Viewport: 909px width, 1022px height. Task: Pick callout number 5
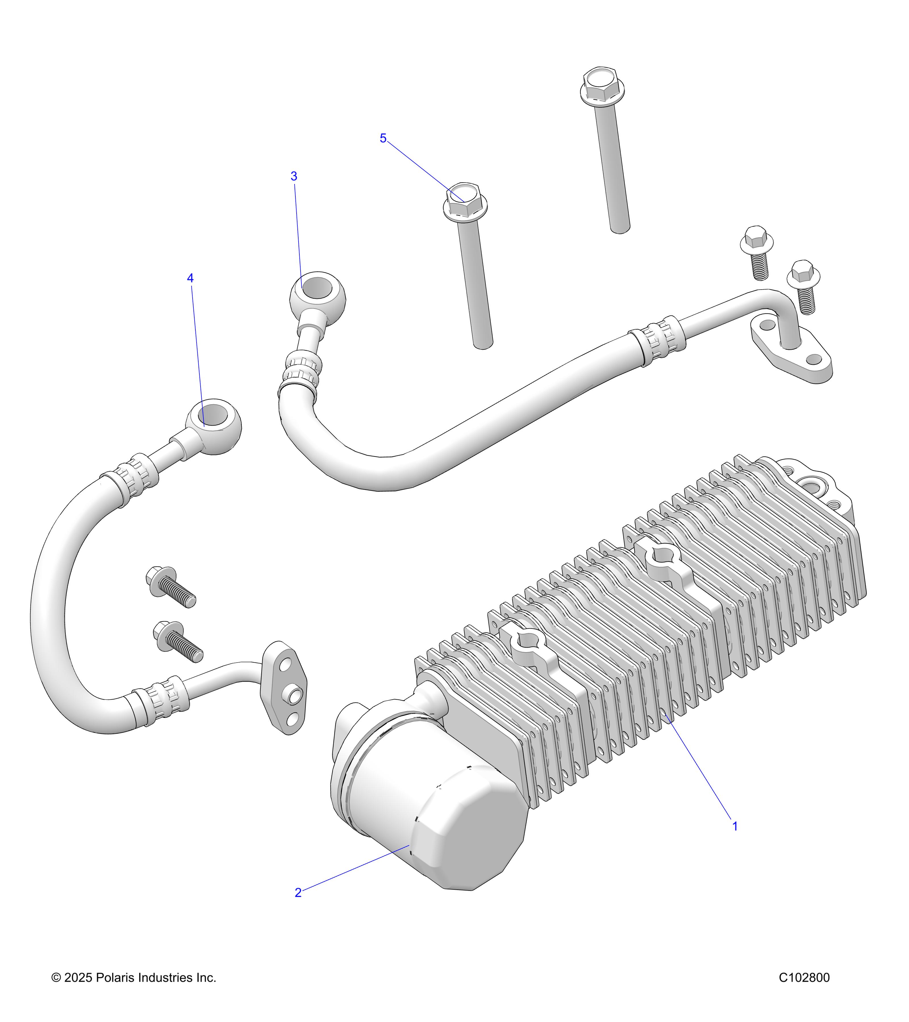383,139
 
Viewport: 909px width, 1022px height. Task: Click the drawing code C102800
804,977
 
